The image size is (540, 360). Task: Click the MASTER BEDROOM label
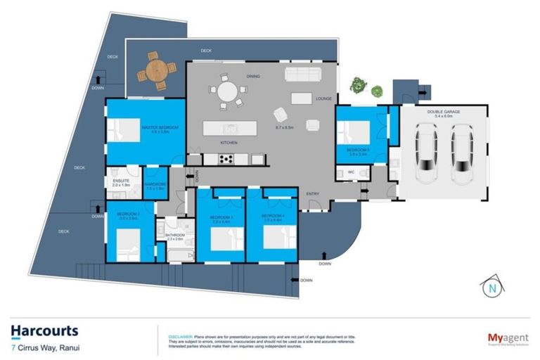point(160,127)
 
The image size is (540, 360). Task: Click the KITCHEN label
point(229,143)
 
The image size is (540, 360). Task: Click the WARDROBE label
point(154,185)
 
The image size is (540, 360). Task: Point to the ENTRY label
point(312,193)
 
